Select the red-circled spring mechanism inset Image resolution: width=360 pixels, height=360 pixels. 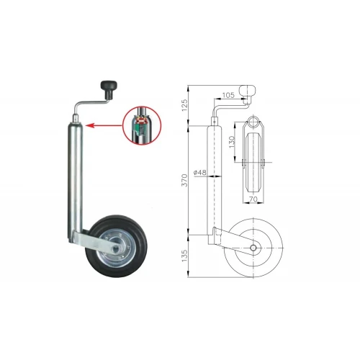pos(142,125)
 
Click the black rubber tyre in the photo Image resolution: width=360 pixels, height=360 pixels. pos(117,246)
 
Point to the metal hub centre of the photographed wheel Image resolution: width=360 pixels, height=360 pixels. pos(117,247)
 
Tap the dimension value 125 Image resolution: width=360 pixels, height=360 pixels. pos(184,105)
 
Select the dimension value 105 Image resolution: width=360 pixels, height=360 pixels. pos(228,95)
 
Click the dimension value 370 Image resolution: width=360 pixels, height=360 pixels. pos(184,180)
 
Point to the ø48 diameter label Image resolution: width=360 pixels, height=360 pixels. pos(199,172)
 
